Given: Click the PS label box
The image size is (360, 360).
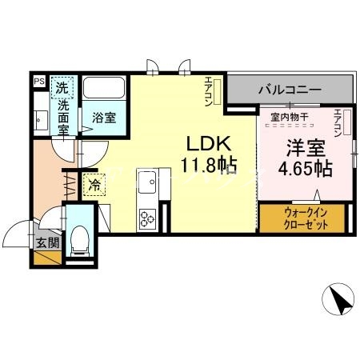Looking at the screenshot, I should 38,81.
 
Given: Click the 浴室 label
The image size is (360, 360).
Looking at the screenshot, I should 102,118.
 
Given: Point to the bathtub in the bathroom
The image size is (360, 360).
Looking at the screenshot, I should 102,89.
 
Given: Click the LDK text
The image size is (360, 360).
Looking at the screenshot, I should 209,144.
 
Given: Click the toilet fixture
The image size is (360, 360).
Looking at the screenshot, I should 79,239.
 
